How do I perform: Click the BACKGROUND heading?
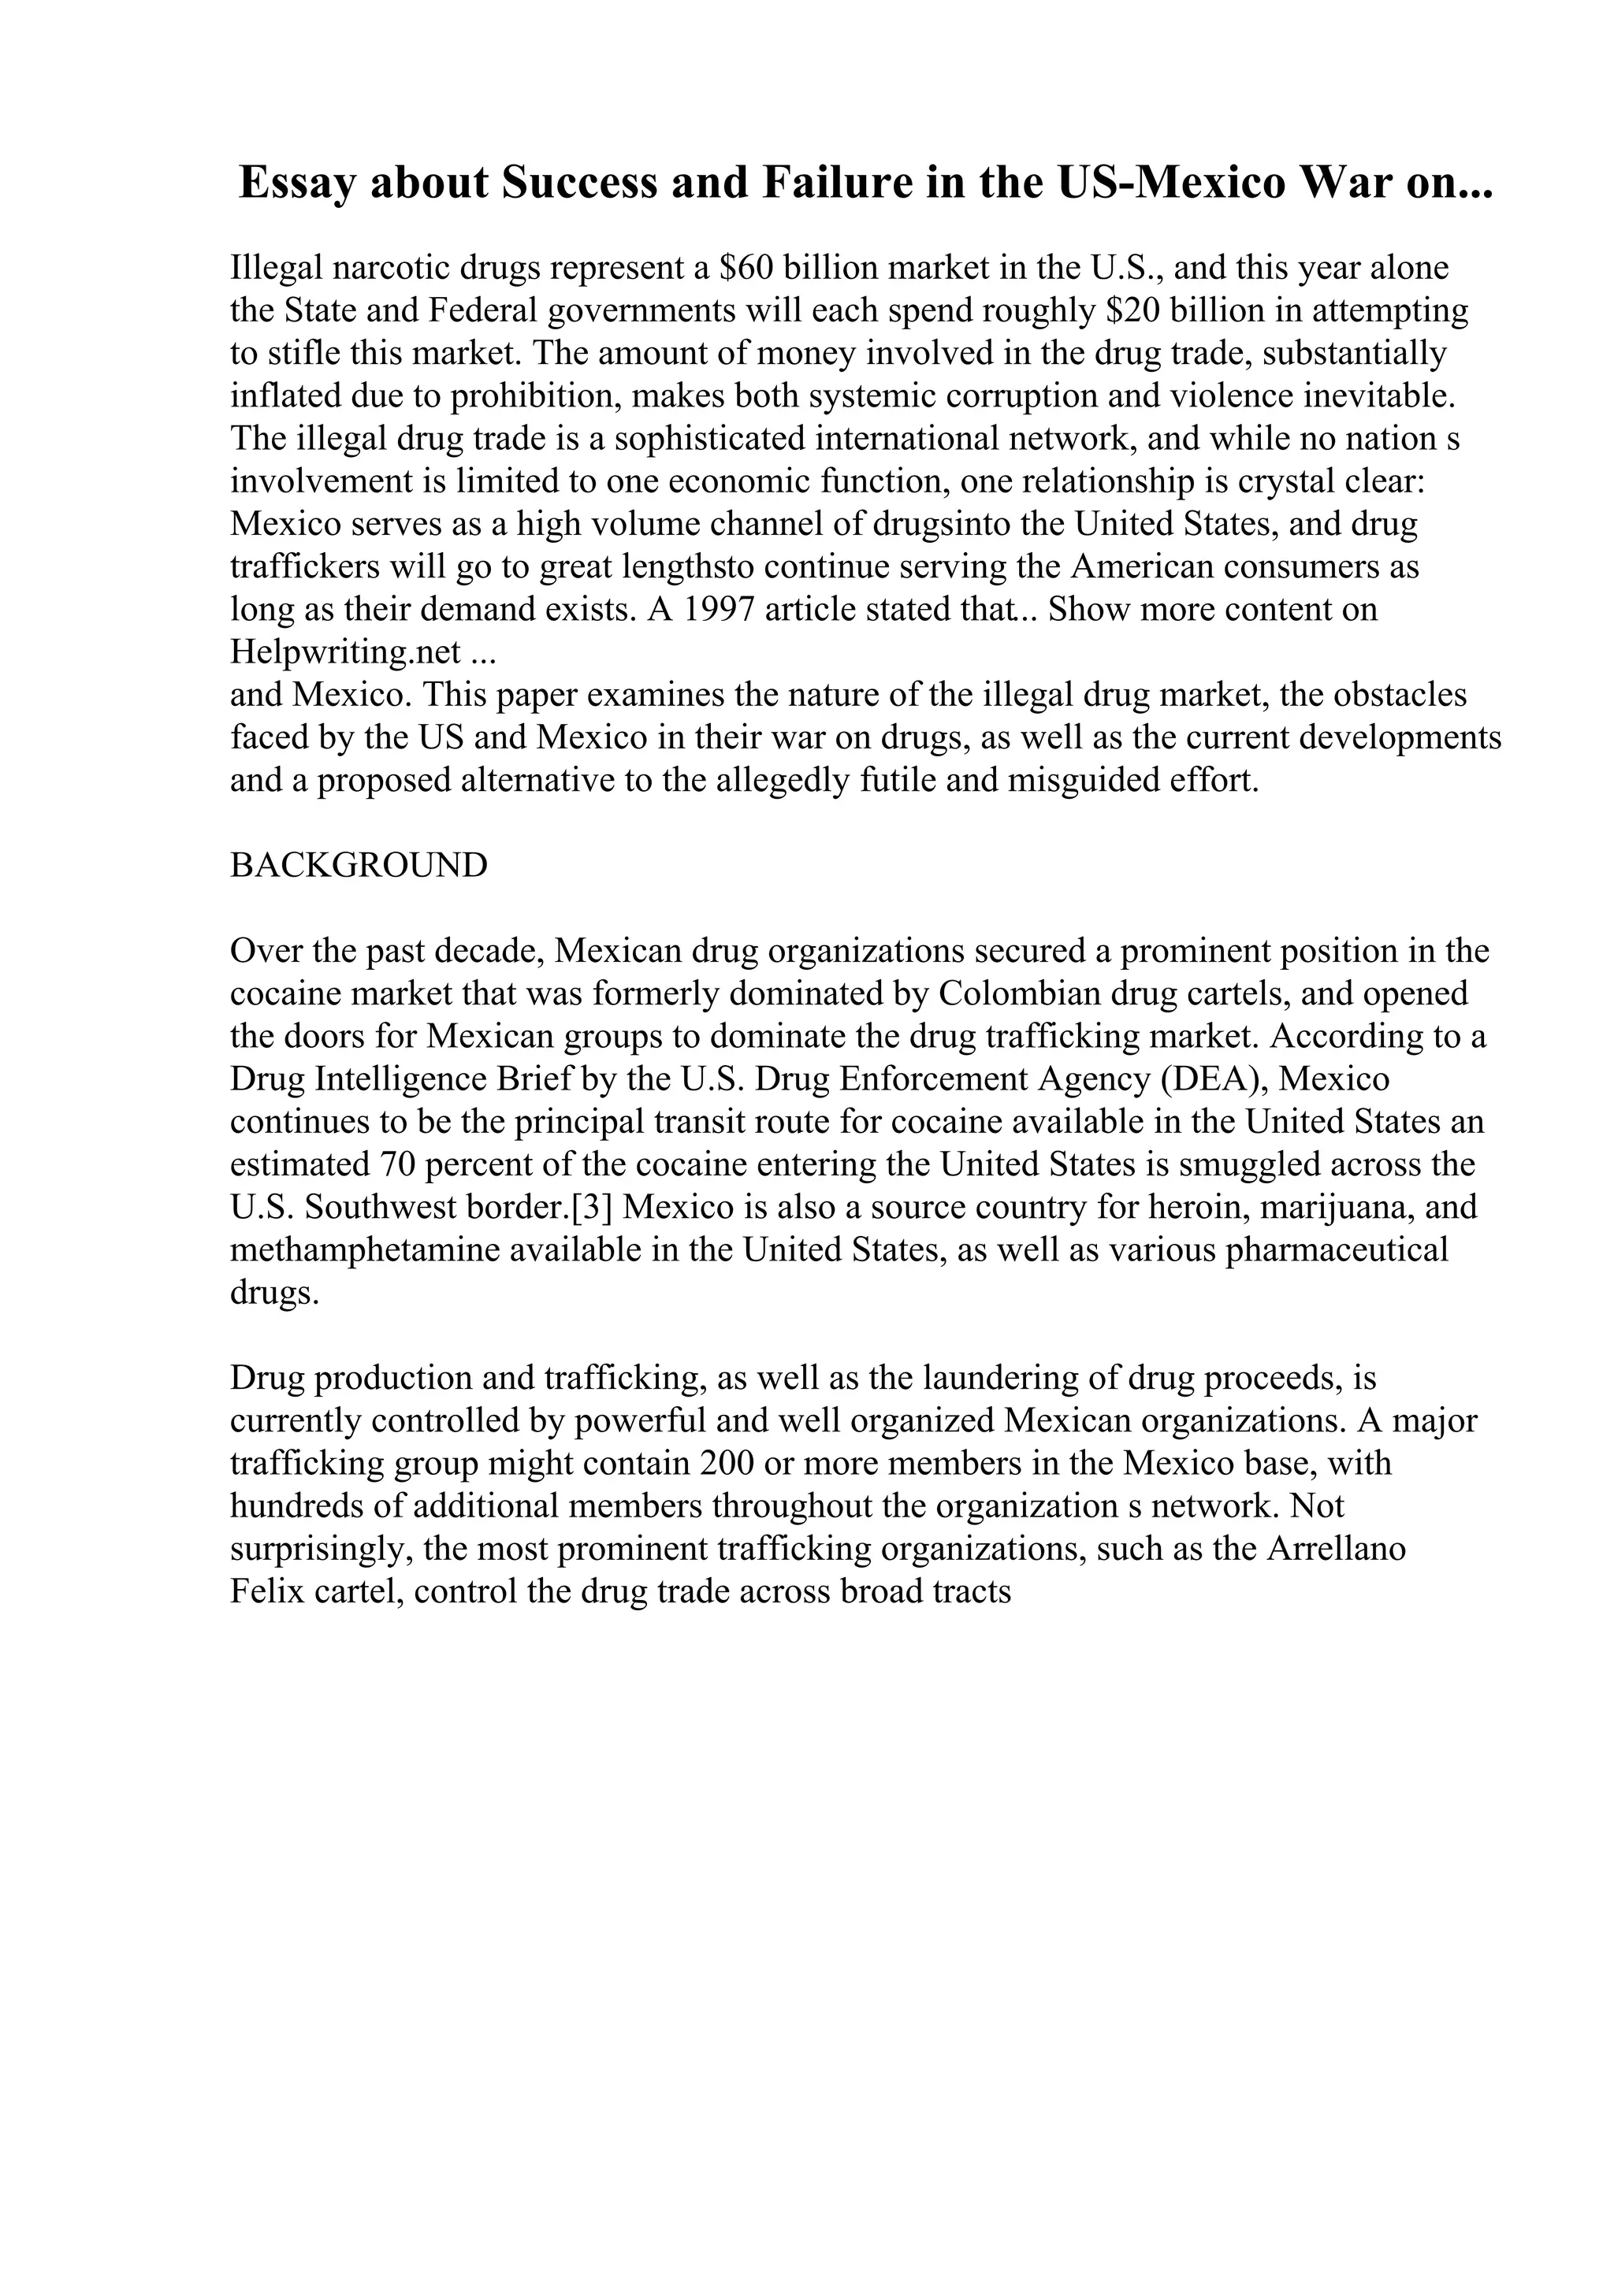[359, 865]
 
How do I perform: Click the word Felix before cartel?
[266, 1592]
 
